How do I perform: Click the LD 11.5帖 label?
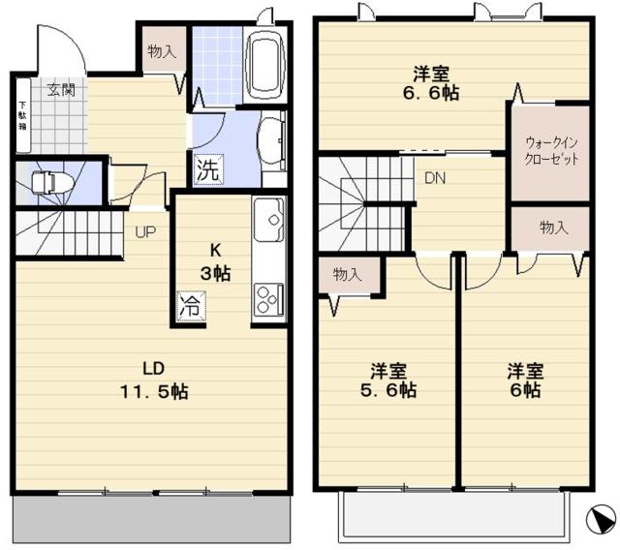(153, 381)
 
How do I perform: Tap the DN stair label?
(434, 177)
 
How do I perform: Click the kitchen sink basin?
(267, 222)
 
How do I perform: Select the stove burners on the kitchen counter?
(267, 294)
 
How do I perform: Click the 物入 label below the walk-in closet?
(553, 227)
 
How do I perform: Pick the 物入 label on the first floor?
(162, 52)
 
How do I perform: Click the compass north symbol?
(600, 520)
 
